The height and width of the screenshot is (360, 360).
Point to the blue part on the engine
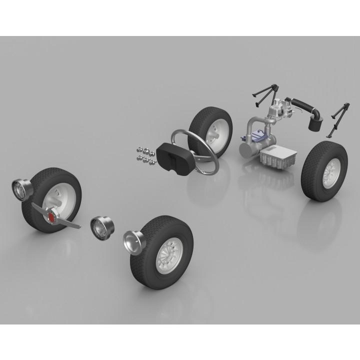point(259,134)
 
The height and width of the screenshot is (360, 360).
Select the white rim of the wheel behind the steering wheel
point(219,133)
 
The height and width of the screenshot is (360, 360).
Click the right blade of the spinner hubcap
point(70,223)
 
